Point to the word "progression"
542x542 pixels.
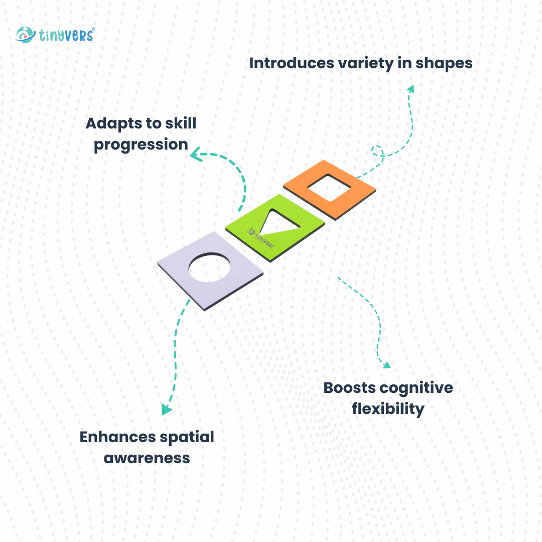tap(141, 145)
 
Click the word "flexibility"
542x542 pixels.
tap(388, 409)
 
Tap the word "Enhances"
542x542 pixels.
tap(118, 437)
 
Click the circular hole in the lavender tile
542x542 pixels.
tap(210, 266)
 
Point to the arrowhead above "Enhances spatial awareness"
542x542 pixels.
tap(166, 410)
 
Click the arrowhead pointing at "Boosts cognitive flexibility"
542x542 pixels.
tap(385, 365)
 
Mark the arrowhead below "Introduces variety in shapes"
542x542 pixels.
tap(411, 89)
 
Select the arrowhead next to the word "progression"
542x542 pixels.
tap(195, 156)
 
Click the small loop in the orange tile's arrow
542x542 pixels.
tap(378, 151)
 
